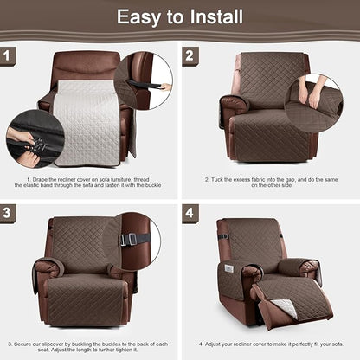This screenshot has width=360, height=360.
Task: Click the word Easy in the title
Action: [x=140, y=16]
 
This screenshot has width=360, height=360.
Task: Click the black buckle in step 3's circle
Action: [x=127, y=240]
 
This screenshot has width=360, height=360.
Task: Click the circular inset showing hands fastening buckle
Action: [x=35, y=138]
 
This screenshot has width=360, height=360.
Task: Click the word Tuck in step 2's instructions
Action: [x=221, y=180]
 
